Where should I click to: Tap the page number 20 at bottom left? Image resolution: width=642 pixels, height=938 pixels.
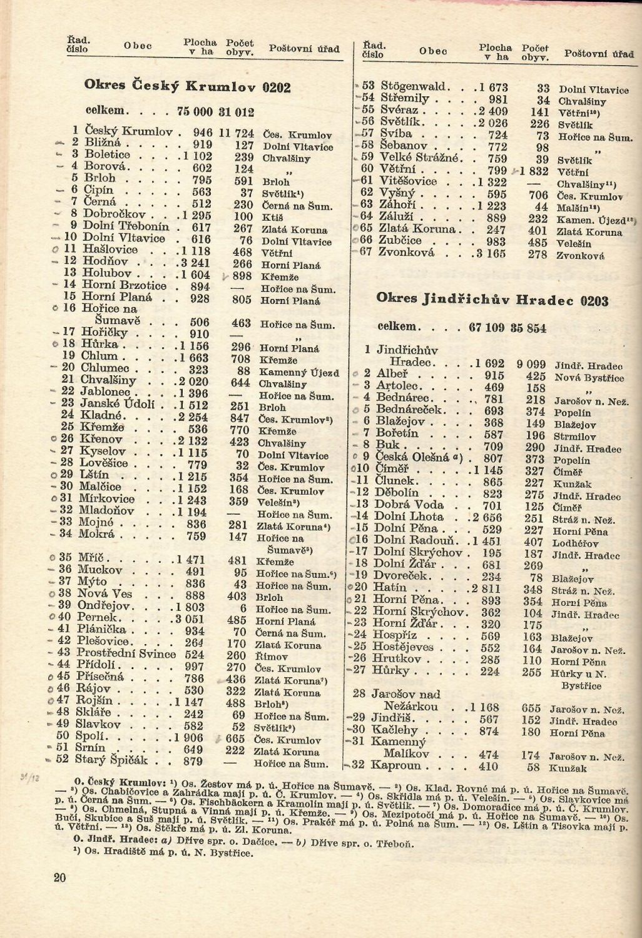coord(60,877)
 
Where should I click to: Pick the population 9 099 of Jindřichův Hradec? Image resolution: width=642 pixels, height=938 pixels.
coord(531,365)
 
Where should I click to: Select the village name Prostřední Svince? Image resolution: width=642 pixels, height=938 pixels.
coord(126,653)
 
